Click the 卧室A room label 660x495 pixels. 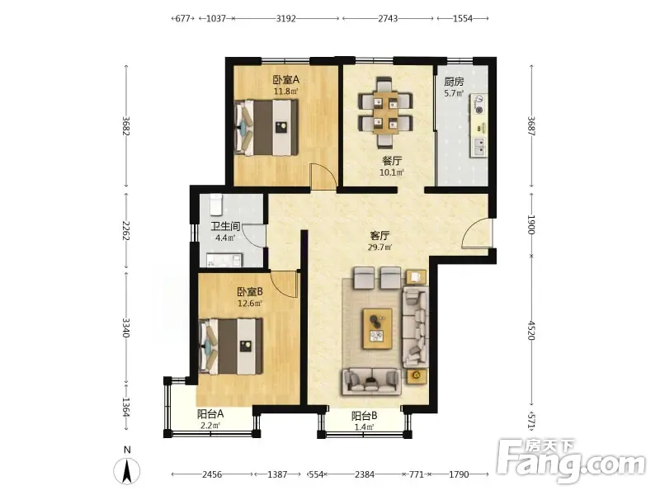coord(285,79)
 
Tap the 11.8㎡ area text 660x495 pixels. coord(285,92)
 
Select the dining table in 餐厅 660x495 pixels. coord(384,112)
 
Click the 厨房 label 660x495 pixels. coord(454,82)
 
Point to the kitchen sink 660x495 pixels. coord(478,148)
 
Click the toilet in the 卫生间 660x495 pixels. coord(215,204)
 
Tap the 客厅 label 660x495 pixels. coord(379,236)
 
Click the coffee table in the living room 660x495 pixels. coord(378,328)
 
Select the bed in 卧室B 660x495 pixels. coord(231,346)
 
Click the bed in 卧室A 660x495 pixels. coord(266,127)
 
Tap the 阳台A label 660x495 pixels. coord(210,414)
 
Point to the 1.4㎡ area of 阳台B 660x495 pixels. coord(364,427)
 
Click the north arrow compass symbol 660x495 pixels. coord(127,470)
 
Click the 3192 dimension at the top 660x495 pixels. coord(285,18)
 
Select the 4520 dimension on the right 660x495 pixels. coord(531,330)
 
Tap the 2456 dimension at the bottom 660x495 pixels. coord(212,474)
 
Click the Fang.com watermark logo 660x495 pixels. coord(571,461)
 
